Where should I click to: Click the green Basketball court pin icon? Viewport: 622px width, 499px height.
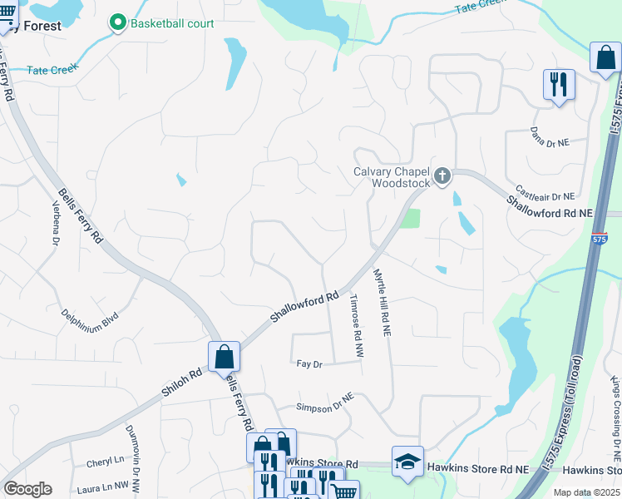118,22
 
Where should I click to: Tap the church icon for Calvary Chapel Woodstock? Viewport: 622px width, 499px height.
442,175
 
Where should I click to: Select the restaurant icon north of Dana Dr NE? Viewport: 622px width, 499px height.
558,84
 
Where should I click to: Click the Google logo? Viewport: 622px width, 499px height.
27,489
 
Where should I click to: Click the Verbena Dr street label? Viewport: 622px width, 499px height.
57,224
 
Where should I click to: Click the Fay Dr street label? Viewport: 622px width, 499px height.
309,363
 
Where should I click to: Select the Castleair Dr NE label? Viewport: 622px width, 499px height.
545,195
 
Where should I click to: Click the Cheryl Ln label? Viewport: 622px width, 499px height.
105,461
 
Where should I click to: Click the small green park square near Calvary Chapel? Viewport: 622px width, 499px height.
410,219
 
